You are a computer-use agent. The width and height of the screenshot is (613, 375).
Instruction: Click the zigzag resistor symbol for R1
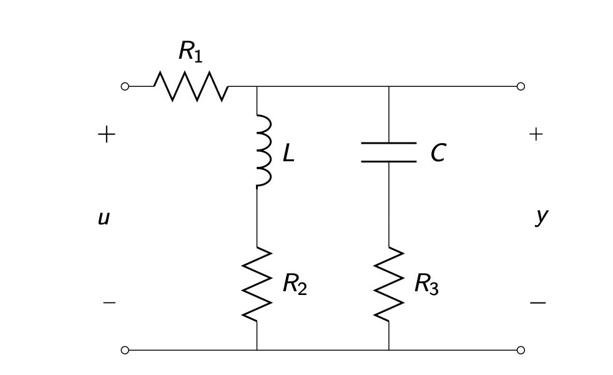click(191, 86)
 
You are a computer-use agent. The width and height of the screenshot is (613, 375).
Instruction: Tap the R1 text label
click(190, 51)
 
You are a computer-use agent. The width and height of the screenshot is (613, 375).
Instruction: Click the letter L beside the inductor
click(288, 153)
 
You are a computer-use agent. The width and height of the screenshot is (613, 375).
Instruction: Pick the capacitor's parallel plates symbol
click(388, 152)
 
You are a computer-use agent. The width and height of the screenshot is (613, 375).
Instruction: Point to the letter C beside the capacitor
click(438, 153)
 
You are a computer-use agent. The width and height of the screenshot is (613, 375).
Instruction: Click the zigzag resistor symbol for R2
click(257, 284)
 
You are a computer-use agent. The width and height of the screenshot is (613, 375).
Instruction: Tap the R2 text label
click(294, 284)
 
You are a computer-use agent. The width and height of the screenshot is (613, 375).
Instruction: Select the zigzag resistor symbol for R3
click(389, 284)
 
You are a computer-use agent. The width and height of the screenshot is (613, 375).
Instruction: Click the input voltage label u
click(104, 218)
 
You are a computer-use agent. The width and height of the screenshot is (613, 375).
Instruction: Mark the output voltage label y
click(541, 216)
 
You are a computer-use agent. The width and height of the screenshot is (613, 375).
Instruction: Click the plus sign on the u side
click(106, 134)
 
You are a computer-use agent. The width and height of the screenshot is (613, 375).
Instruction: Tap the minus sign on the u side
click(109, 303)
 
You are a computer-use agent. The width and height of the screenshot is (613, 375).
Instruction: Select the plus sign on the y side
click(536, 134)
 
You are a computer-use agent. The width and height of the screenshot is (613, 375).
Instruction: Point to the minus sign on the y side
click(537, 303)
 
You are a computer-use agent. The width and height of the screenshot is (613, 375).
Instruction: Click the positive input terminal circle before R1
click(125, 86)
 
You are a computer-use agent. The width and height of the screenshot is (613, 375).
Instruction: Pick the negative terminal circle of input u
click(125, 350)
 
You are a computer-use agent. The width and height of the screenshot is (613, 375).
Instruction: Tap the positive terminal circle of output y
click(521, 86)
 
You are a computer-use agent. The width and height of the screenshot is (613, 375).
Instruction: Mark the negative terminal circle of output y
click(521, 350)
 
